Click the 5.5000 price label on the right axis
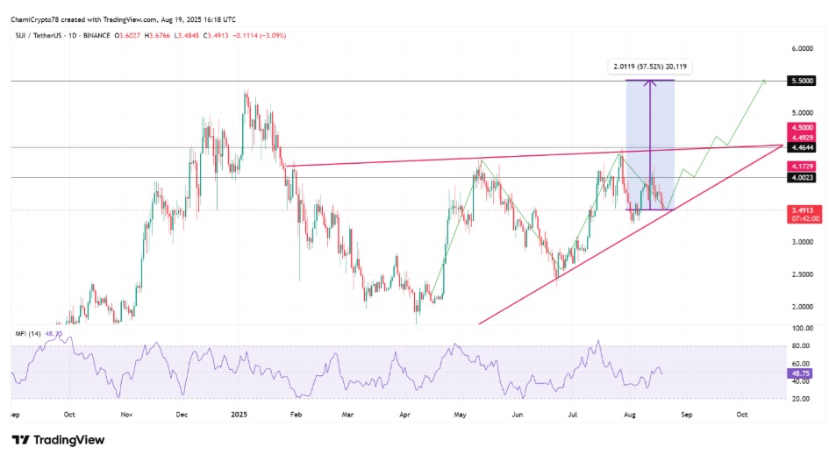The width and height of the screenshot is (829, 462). (803, 81)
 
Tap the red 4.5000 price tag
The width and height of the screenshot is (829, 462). (803, 126)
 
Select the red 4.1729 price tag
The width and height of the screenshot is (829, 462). (803, 166)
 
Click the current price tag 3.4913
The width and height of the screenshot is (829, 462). (803, 210)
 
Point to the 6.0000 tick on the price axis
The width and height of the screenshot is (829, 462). (803, 49)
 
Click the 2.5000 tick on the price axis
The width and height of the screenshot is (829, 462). (803, 274)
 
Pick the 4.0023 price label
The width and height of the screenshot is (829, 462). (803, 178)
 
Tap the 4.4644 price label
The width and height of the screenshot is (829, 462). (803, 147)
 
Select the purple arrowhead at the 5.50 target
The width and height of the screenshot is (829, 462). (649, 83)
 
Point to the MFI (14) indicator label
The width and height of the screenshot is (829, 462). (29, 334)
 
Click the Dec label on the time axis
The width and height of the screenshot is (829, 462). (182, 412)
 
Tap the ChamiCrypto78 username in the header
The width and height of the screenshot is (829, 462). (36, 19)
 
